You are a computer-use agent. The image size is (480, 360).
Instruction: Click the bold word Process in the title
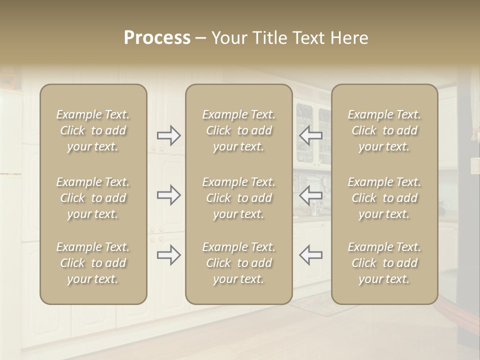157,38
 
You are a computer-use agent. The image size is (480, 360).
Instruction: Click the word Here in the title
349,38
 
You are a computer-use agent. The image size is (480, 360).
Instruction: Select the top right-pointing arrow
169,135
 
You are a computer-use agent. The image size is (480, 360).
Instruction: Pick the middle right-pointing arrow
169,195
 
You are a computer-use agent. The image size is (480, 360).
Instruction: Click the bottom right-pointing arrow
169,255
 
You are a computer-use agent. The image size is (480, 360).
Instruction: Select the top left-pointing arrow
310,135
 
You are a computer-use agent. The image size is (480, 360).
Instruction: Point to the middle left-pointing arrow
310,195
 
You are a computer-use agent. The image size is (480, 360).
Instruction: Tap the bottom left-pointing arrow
310,255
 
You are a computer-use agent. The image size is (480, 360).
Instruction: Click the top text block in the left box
93,130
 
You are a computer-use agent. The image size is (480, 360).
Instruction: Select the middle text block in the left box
93,198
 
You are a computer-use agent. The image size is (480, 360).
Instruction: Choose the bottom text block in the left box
93,263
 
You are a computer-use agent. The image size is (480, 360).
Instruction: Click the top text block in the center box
238,130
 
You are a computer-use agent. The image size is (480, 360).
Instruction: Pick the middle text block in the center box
238,198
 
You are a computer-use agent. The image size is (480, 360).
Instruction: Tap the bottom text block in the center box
238,263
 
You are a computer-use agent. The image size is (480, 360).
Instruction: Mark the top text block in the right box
384,130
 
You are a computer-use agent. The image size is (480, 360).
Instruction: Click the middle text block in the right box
384,198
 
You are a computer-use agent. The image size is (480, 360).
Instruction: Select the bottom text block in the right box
384,263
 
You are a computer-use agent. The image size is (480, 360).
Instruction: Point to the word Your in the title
229,38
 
